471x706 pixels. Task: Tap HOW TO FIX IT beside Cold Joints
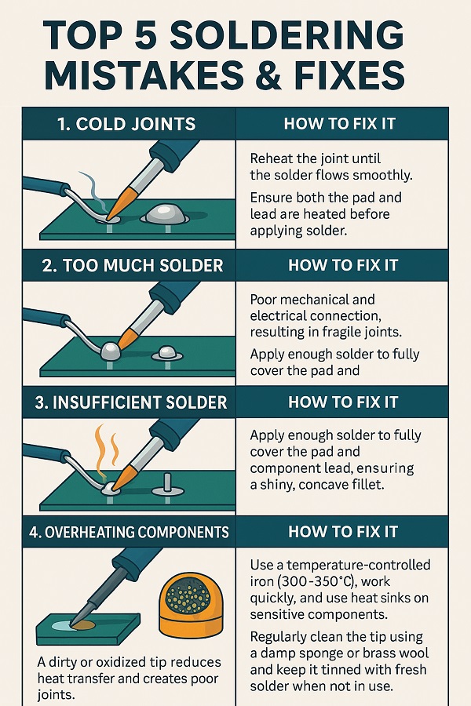pyautogui.click(x=341, y=124)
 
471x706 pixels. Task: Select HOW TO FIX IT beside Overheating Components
pyautogui.click(x=341, y=532)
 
